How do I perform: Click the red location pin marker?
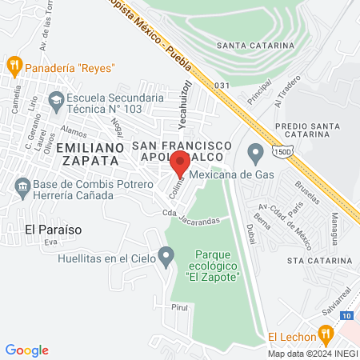click(x=181, y=165)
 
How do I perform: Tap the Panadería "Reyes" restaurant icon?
click(x=14, y=64)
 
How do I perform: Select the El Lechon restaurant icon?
click(x=325, y=334)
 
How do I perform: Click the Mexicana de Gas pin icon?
click(x=255, y=150)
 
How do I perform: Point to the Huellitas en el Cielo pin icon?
click(x=166, y=257)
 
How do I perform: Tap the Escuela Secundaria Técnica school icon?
click(x=56, y=101)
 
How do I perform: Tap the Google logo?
click(x=26, y=350)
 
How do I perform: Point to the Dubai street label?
click(x=250, y=233)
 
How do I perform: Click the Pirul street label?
click(x=178, y=306)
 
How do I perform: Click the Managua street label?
click(x=338, y=226)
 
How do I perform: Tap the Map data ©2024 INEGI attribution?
click(x=312, y=354)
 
